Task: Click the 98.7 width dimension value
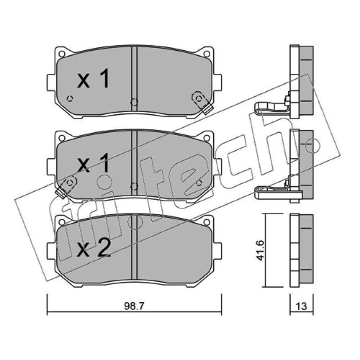[134, 306]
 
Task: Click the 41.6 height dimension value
[260, 250]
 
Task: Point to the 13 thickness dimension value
[301, 306]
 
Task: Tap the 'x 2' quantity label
[94, 248]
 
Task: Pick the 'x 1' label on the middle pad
[93, 163]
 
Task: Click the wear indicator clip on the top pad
[202, 102]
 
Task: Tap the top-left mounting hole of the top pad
[62, 54]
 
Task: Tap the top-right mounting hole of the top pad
[207, 54]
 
